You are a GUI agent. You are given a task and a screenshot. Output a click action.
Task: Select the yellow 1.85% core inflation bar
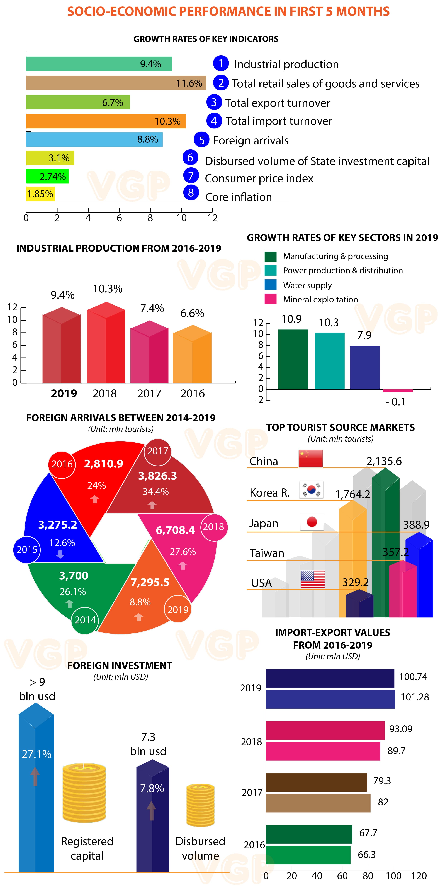(40, 194)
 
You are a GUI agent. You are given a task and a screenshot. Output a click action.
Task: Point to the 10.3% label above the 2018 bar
(108, 289)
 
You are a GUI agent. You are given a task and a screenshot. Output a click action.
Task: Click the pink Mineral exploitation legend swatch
(270, 299)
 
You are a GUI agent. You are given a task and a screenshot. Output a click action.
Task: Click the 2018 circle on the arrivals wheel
(213, 527)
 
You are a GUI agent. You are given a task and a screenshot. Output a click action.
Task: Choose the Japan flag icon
(312, 522)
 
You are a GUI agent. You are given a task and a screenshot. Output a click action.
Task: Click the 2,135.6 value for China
(384, 461)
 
